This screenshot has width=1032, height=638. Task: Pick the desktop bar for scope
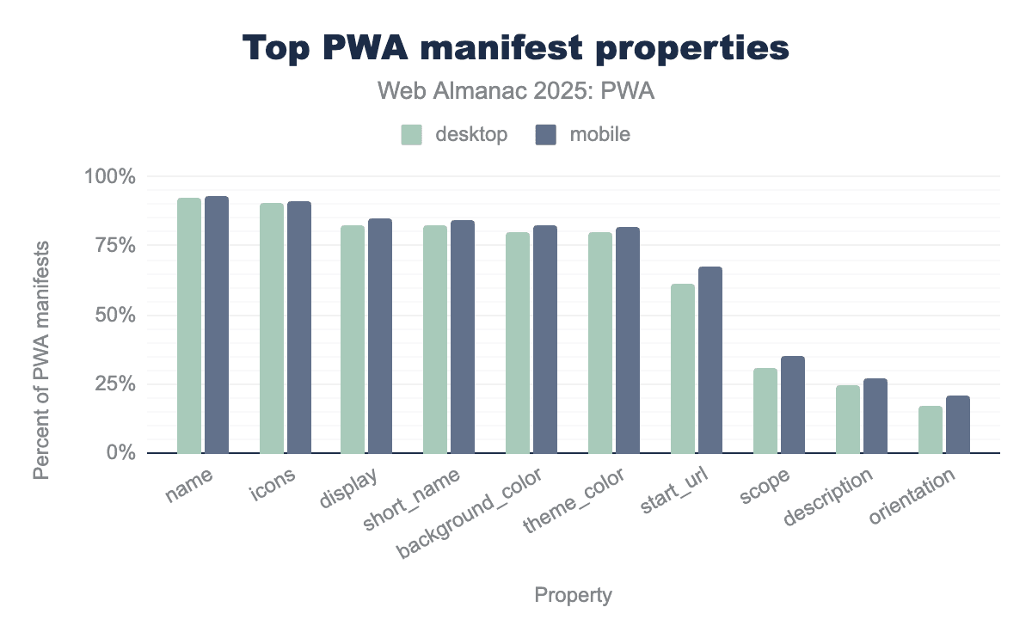pyautogui.click(x=765, y=410)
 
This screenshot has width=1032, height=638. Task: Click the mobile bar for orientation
pyautogui.click(x=958, y=424)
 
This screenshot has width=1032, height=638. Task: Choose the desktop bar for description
pyautogui.click(x=848, y=419)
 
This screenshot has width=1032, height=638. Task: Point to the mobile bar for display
pyautogui.click(x=380, y=335)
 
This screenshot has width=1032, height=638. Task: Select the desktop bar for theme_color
pyautogui.click(x=600, y=342)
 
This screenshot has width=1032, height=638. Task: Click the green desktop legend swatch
pyautogui.click(x=412, y=135)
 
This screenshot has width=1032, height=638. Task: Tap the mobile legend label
pyautogui.click(x=599, y=135)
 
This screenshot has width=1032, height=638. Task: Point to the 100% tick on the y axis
pyautogui.click(x=111, y=177)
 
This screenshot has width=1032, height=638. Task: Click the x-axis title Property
pyautogui.click(x=574, y=595)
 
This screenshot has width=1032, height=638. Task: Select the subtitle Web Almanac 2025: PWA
pyautogui.click(x=516, y=92)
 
